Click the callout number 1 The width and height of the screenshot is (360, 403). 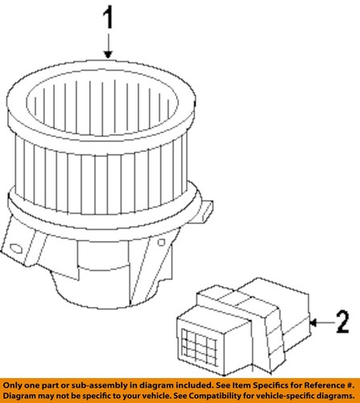point(108,18)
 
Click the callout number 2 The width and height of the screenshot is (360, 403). point(343,322)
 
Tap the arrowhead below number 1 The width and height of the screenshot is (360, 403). point(108,55)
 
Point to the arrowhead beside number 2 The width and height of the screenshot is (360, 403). point(313,322)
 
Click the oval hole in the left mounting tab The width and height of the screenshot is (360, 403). point(16,248)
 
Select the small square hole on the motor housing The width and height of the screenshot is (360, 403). point(161,243)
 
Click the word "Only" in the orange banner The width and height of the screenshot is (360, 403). point(12,386)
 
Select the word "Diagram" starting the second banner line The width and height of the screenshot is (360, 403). point(19,396)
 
